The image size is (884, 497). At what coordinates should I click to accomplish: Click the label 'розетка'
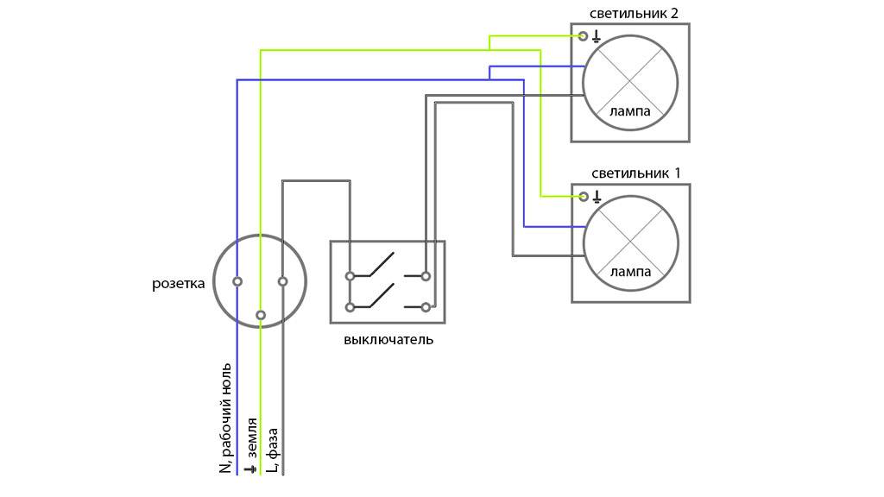(179, 283)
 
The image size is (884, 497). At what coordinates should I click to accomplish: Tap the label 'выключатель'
(388, 340)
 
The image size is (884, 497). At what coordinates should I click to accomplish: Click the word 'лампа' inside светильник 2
(630, 111)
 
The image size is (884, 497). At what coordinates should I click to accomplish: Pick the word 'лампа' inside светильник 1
(630, 271)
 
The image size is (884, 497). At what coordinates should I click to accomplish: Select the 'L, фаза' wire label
(273, 449)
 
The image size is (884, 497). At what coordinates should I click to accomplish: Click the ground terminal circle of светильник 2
(584, 36)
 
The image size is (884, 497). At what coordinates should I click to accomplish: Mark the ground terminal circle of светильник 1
(584, 196)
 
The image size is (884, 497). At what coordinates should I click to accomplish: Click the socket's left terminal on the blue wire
(237, 281)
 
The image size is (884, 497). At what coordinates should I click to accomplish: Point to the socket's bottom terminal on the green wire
(260, 315)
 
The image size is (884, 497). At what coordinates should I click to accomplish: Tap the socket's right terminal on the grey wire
(282, 281)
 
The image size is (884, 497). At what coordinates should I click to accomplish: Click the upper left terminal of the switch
(350, 276)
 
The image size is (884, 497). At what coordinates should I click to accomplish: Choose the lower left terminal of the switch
(350, 306)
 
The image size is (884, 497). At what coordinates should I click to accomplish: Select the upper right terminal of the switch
(426, 276)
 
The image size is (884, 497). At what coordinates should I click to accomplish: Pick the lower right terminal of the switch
(426, 306)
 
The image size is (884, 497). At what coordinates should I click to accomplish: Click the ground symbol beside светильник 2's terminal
(596, 36)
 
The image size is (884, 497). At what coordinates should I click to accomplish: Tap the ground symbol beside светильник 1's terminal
(596, 196)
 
